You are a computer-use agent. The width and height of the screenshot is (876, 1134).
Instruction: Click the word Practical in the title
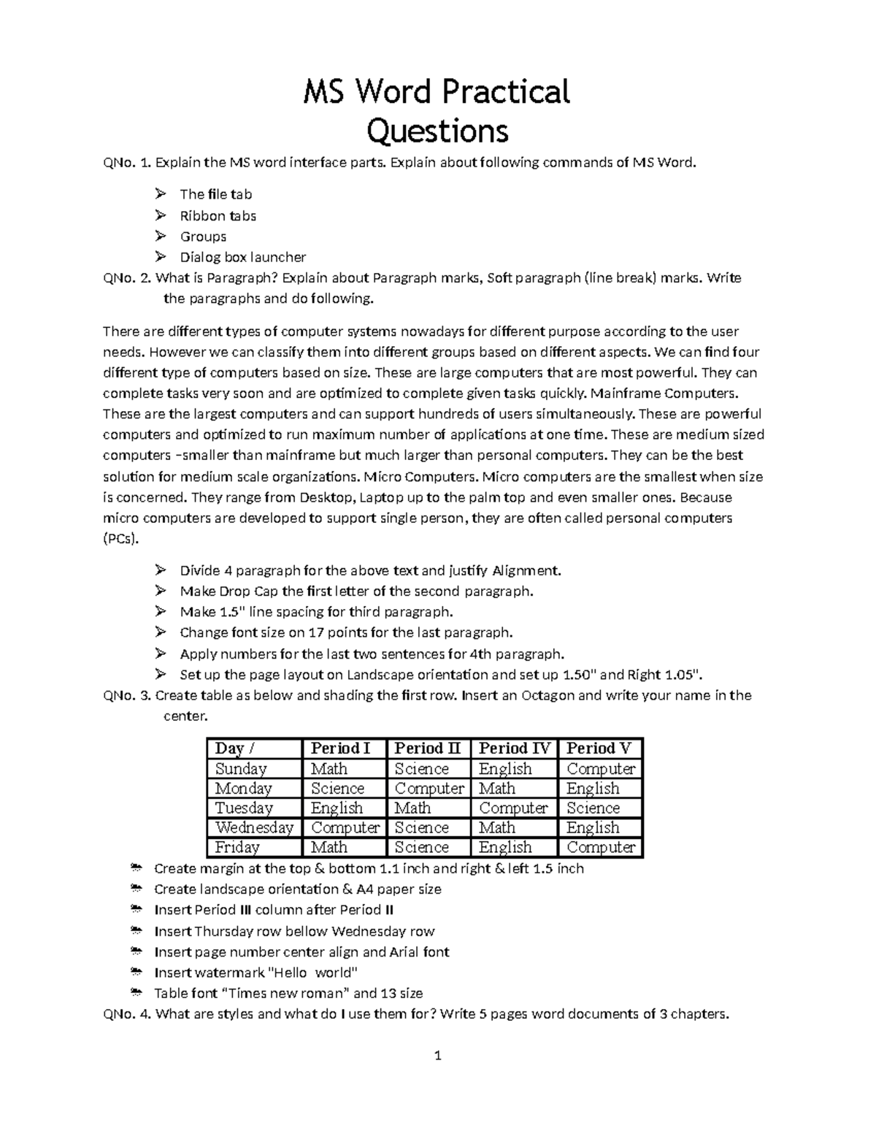click(503, 93)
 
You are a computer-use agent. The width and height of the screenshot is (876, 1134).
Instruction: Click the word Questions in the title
click(437, 131)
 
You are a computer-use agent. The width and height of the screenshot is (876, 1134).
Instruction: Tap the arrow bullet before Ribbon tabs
click(161, 215)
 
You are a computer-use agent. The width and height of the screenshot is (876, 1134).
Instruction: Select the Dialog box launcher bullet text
click(242, 257)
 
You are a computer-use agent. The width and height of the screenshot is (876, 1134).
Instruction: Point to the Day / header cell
click(234, 748)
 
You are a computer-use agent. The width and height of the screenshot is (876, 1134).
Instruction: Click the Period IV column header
click(514, 748)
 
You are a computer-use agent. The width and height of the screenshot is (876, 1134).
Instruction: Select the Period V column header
click(599, 748)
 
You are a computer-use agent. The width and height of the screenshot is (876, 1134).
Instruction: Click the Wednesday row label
click(254, 827)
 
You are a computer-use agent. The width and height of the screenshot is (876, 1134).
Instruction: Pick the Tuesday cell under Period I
click(337, 808)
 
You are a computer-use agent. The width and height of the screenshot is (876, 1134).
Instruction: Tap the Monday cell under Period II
click(429, 789)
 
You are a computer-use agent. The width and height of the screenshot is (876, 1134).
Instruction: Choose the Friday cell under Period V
click(601, 847)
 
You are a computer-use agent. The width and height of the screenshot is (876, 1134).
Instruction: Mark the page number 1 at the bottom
click(437, 1055)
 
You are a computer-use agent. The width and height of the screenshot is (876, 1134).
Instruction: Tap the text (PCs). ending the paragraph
click(119, 539)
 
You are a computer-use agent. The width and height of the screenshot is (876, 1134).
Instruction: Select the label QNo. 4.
click(127, 1014)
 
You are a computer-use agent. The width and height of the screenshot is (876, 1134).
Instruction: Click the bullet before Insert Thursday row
click(135, 931)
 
